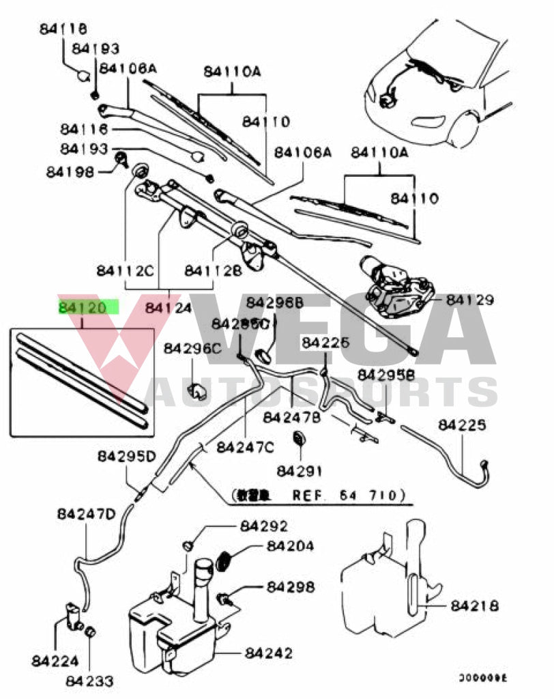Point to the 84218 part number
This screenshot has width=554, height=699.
tap(474, 605)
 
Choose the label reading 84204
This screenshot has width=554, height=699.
tap(291, 546)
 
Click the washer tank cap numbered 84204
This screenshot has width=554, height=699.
tap(223, 561)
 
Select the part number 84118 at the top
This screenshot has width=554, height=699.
tap(63, 29)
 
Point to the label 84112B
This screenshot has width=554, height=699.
tap(213, 270)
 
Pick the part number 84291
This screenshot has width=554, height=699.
tap(300, 470)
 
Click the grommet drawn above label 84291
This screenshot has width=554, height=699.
tap(298, 438)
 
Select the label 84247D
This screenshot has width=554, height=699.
tap(86, 513)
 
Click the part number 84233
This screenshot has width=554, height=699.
tap(90, 681)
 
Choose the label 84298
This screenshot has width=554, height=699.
tap(291, 586)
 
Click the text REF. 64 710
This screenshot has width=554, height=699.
tap(349, 494)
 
